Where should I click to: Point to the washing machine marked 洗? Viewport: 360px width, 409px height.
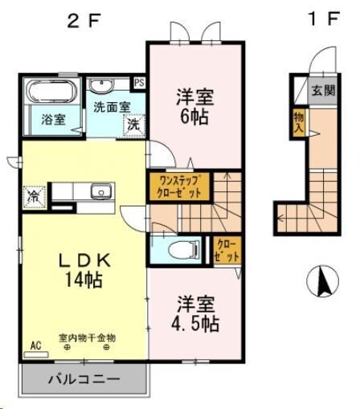coord(134,125)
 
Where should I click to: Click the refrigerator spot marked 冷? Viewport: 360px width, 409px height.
coord(35,195)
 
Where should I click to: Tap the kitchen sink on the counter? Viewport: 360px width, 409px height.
coord(100,191)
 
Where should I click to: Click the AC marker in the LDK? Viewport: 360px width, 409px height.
coord(35,345)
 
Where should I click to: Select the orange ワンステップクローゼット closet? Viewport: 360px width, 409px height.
coord(178,187)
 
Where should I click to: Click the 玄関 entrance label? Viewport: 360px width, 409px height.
coord(323,89)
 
